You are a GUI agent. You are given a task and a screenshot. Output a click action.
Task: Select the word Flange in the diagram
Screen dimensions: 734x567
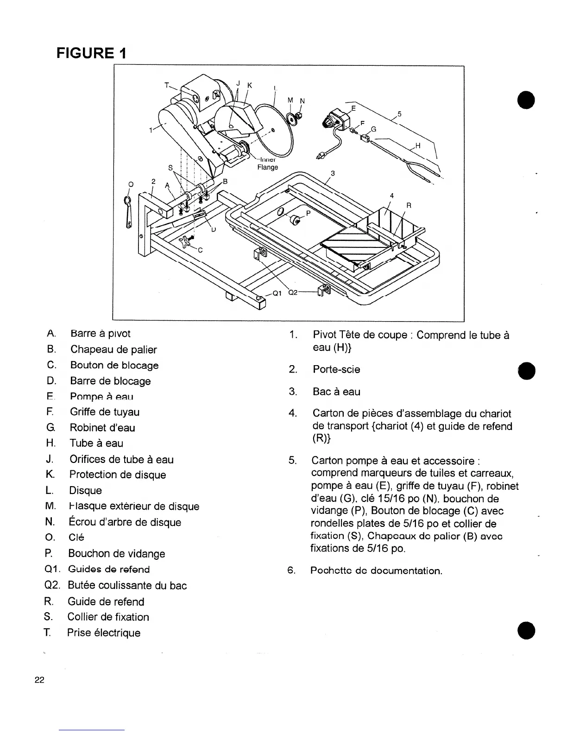[268, 167]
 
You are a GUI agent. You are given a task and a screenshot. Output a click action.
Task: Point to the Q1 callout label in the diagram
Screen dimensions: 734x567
[277, 292]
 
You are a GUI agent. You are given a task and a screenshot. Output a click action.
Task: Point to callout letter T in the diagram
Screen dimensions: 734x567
[167, 85]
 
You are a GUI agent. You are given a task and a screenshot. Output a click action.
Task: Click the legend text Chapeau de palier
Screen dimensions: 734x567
[113, 350]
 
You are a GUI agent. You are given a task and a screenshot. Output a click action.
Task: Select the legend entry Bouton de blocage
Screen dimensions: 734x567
[114, 365]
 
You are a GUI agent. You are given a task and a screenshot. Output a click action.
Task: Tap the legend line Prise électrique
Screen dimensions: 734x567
[104, 633]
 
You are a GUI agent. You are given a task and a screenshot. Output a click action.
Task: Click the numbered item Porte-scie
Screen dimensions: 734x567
[336, 370]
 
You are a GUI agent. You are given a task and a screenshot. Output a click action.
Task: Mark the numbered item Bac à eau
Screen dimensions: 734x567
[336, 392]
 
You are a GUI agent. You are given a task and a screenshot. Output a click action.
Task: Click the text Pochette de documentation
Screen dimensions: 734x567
[376, 570]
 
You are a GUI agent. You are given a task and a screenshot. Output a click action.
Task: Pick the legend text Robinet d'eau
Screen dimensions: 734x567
[102, 428]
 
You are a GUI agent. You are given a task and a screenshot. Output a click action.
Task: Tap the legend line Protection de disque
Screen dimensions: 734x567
[117, 475]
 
